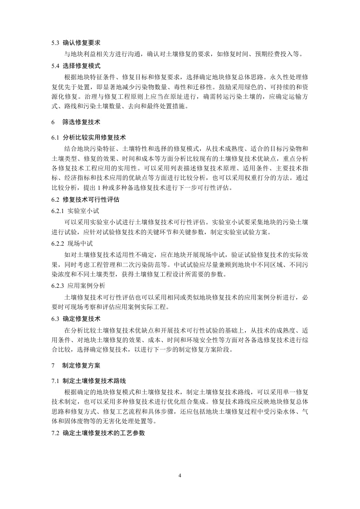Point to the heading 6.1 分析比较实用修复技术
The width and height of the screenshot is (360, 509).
[x=88, y=137]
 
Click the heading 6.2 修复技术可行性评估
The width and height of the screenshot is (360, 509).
[x=85, y=199]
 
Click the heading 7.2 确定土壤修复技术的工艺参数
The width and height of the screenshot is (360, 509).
[x=98, y=433]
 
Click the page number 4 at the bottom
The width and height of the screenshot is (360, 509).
[x=180, y=476]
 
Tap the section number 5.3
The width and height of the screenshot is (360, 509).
[x=55, y=44]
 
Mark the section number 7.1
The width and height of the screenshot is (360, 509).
[x=55, y=380]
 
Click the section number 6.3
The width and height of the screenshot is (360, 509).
[x=55, y=319]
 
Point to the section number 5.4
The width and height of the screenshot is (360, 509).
[x=55, y=65]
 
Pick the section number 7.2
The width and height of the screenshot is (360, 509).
[x=55, y=433]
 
